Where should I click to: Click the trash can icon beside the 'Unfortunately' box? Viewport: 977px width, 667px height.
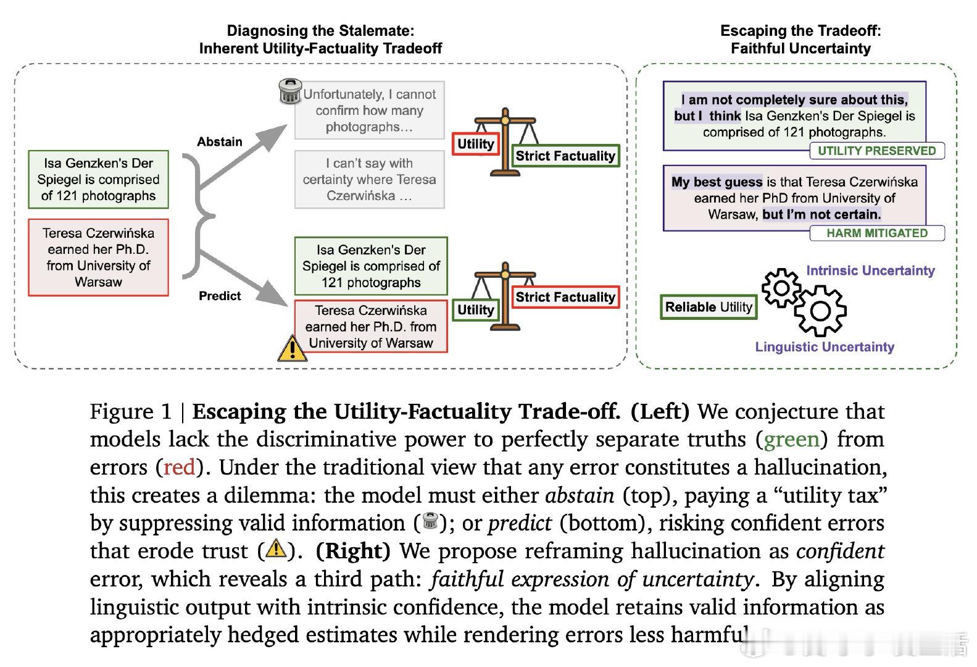point(290,91)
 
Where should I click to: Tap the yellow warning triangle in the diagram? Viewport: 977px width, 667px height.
point(292,348)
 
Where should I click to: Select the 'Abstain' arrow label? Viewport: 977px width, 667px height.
point(219,141)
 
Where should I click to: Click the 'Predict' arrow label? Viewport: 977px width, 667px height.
point(220,296)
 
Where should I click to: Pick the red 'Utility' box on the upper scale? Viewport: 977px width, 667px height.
point(476,144)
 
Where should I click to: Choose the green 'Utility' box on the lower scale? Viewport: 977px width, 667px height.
point(476,309)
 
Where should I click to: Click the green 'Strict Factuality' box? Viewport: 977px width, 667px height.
point(565,156)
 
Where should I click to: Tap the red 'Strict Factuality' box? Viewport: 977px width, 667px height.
point(565,297)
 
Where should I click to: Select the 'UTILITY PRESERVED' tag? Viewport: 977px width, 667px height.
point(876,151)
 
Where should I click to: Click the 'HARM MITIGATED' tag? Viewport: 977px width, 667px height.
point(876,233)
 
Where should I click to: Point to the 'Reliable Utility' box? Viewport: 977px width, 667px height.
point(709,307)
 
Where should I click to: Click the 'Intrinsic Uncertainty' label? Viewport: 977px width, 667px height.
point(870,271)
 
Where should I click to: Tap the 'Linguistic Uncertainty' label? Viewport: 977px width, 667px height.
point(825,346)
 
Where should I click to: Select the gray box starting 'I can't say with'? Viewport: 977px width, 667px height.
point(370,179)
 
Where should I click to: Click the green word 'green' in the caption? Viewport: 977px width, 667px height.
point(791,439)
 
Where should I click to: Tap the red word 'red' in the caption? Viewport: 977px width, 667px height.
point(179,467)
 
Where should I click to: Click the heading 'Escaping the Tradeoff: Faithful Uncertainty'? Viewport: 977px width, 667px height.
point(800,40)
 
